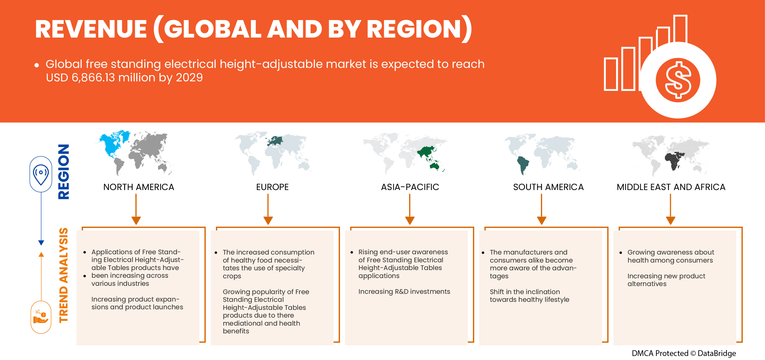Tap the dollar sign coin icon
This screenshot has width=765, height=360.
678,80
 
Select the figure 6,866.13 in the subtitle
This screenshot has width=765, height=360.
93,77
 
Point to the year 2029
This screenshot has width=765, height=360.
189,77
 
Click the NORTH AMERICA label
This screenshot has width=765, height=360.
139,187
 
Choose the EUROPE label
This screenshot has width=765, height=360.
272,187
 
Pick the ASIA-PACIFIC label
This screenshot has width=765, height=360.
410,187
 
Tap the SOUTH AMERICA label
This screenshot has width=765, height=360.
548,187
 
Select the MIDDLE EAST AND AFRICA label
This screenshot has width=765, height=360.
671,187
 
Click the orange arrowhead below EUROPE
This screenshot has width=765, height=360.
268,220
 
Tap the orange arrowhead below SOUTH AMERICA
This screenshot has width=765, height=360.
541,220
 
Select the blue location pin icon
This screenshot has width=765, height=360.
41,174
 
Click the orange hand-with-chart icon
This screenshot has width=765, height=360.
41,317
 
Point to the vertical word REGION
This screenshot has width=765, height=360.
64,171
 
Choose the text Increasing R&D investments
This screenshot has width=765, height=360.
404,291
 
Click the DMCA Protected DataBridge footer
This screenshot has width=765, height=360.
684,353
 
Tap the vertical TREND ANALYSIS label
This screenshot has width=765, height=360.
64,275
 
